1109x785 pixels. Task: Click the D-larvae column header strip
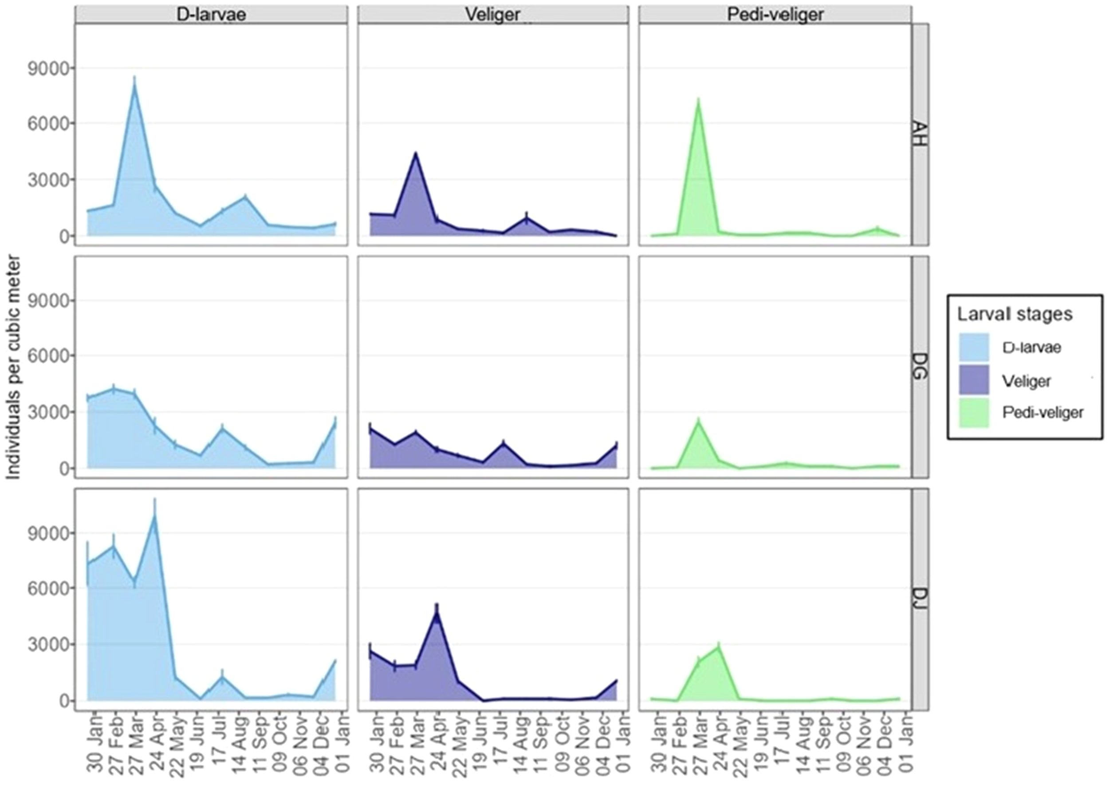211,15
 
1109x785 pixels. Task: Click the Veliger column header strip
493,15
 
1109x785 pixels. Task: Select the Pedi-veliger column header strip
775,15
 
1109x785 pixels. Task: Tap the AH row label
920,134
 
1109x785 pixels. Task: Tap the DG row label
920,367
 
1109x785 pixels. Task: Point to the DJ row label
920,600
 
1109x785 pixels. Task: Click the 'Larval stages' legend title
1015,314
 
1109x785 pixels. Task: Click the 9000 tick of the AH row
48,68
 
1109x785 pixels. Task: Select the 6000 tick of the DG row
48,356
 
